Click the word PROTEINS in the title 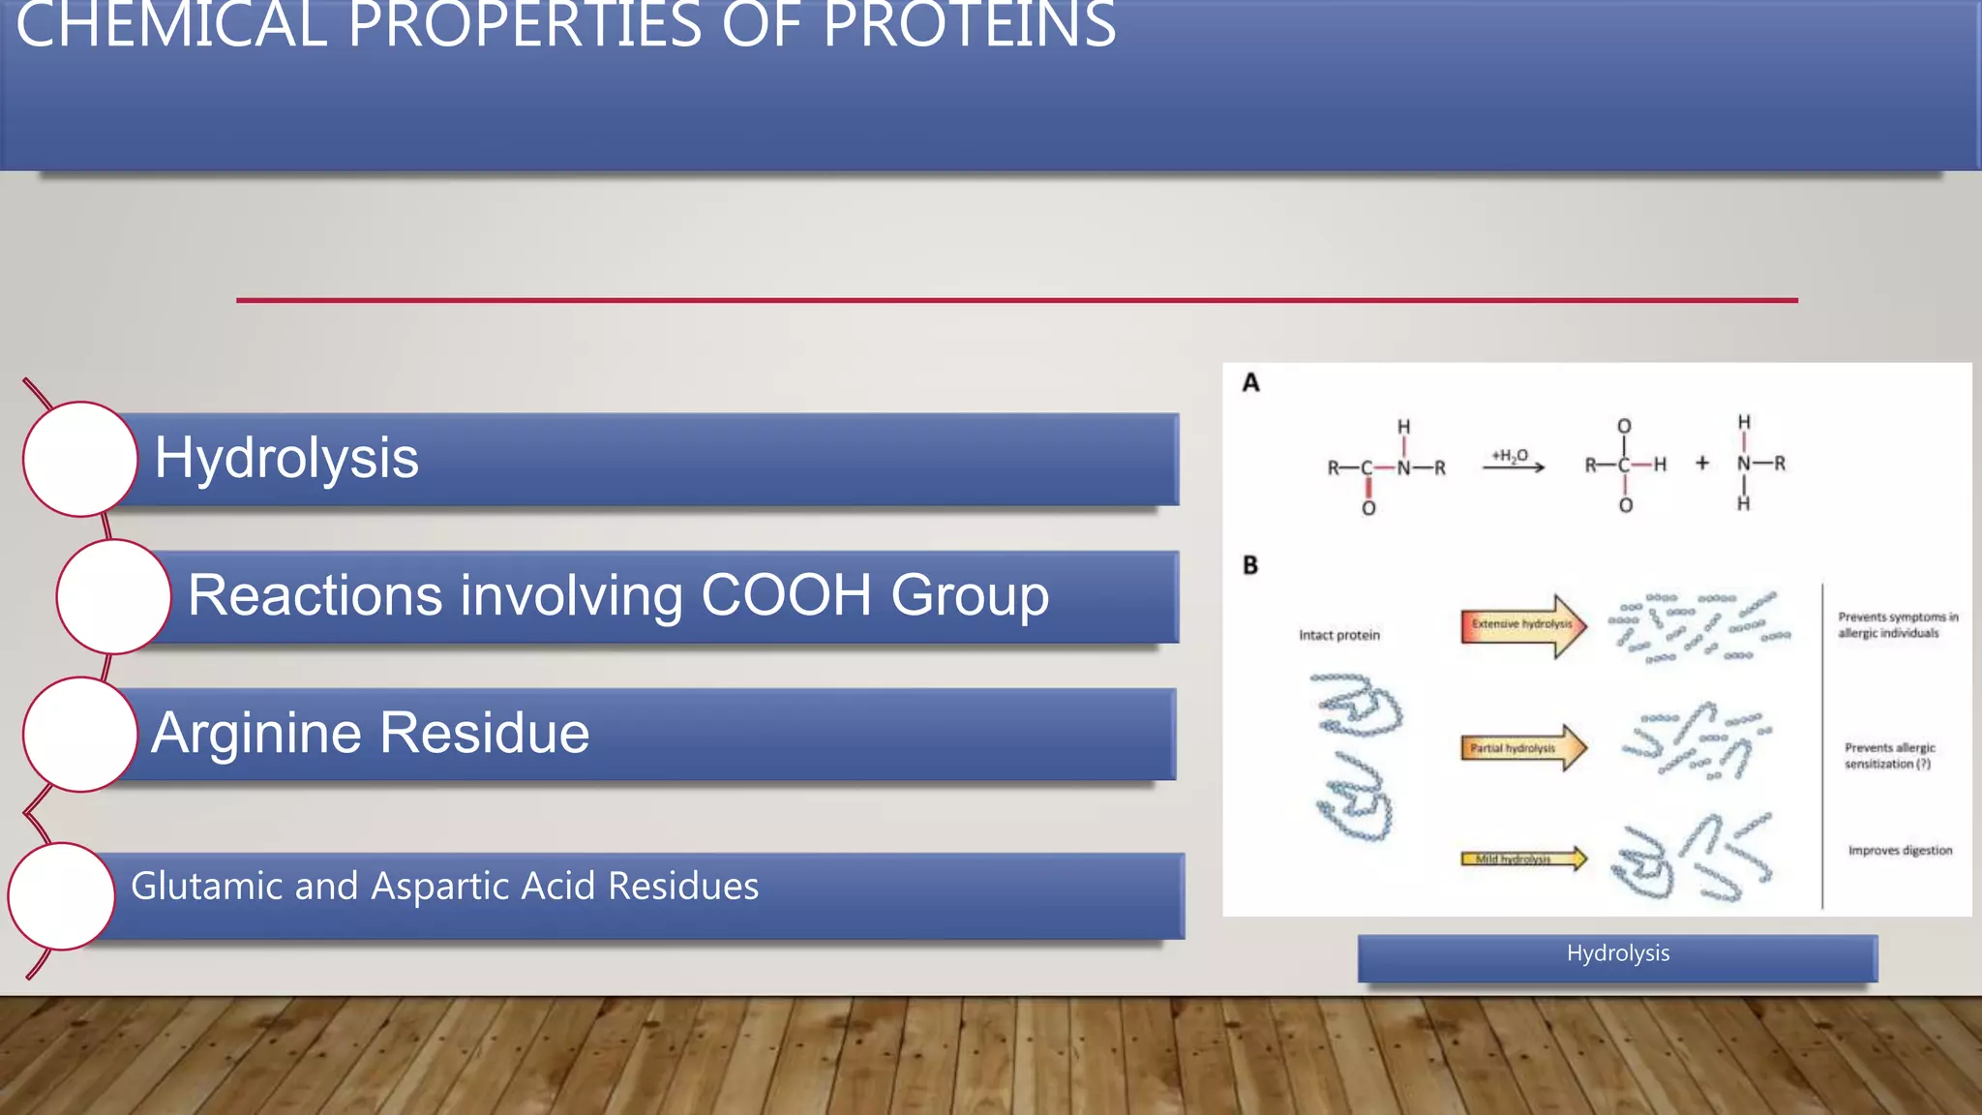[x=969, y=25]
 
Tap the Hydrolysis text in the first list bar [x=286, y=458]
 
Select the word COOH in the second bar [x=786, y=595]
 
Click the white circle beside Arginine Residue [x=80, y=735]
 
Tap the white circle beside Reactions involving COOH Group [x=113, y=596]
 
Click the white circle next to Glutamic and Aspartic [x=62, y=896]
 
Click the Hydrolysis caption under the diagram [x=1617, y=954]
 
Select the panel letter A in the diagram [x=1251, y=383]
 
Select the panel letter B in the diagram [x=1250, y=565]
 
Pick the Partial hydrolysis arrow [x=1522, y=748]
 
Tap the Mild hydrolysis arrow [x=1522, y=859]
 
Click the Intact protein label [x=1339, y=636]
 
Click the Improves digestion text [x=1900, y=851]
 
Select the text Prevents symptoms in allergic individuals [x=1897, y=625]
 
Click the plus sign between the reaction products [x=1702, y=464]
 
